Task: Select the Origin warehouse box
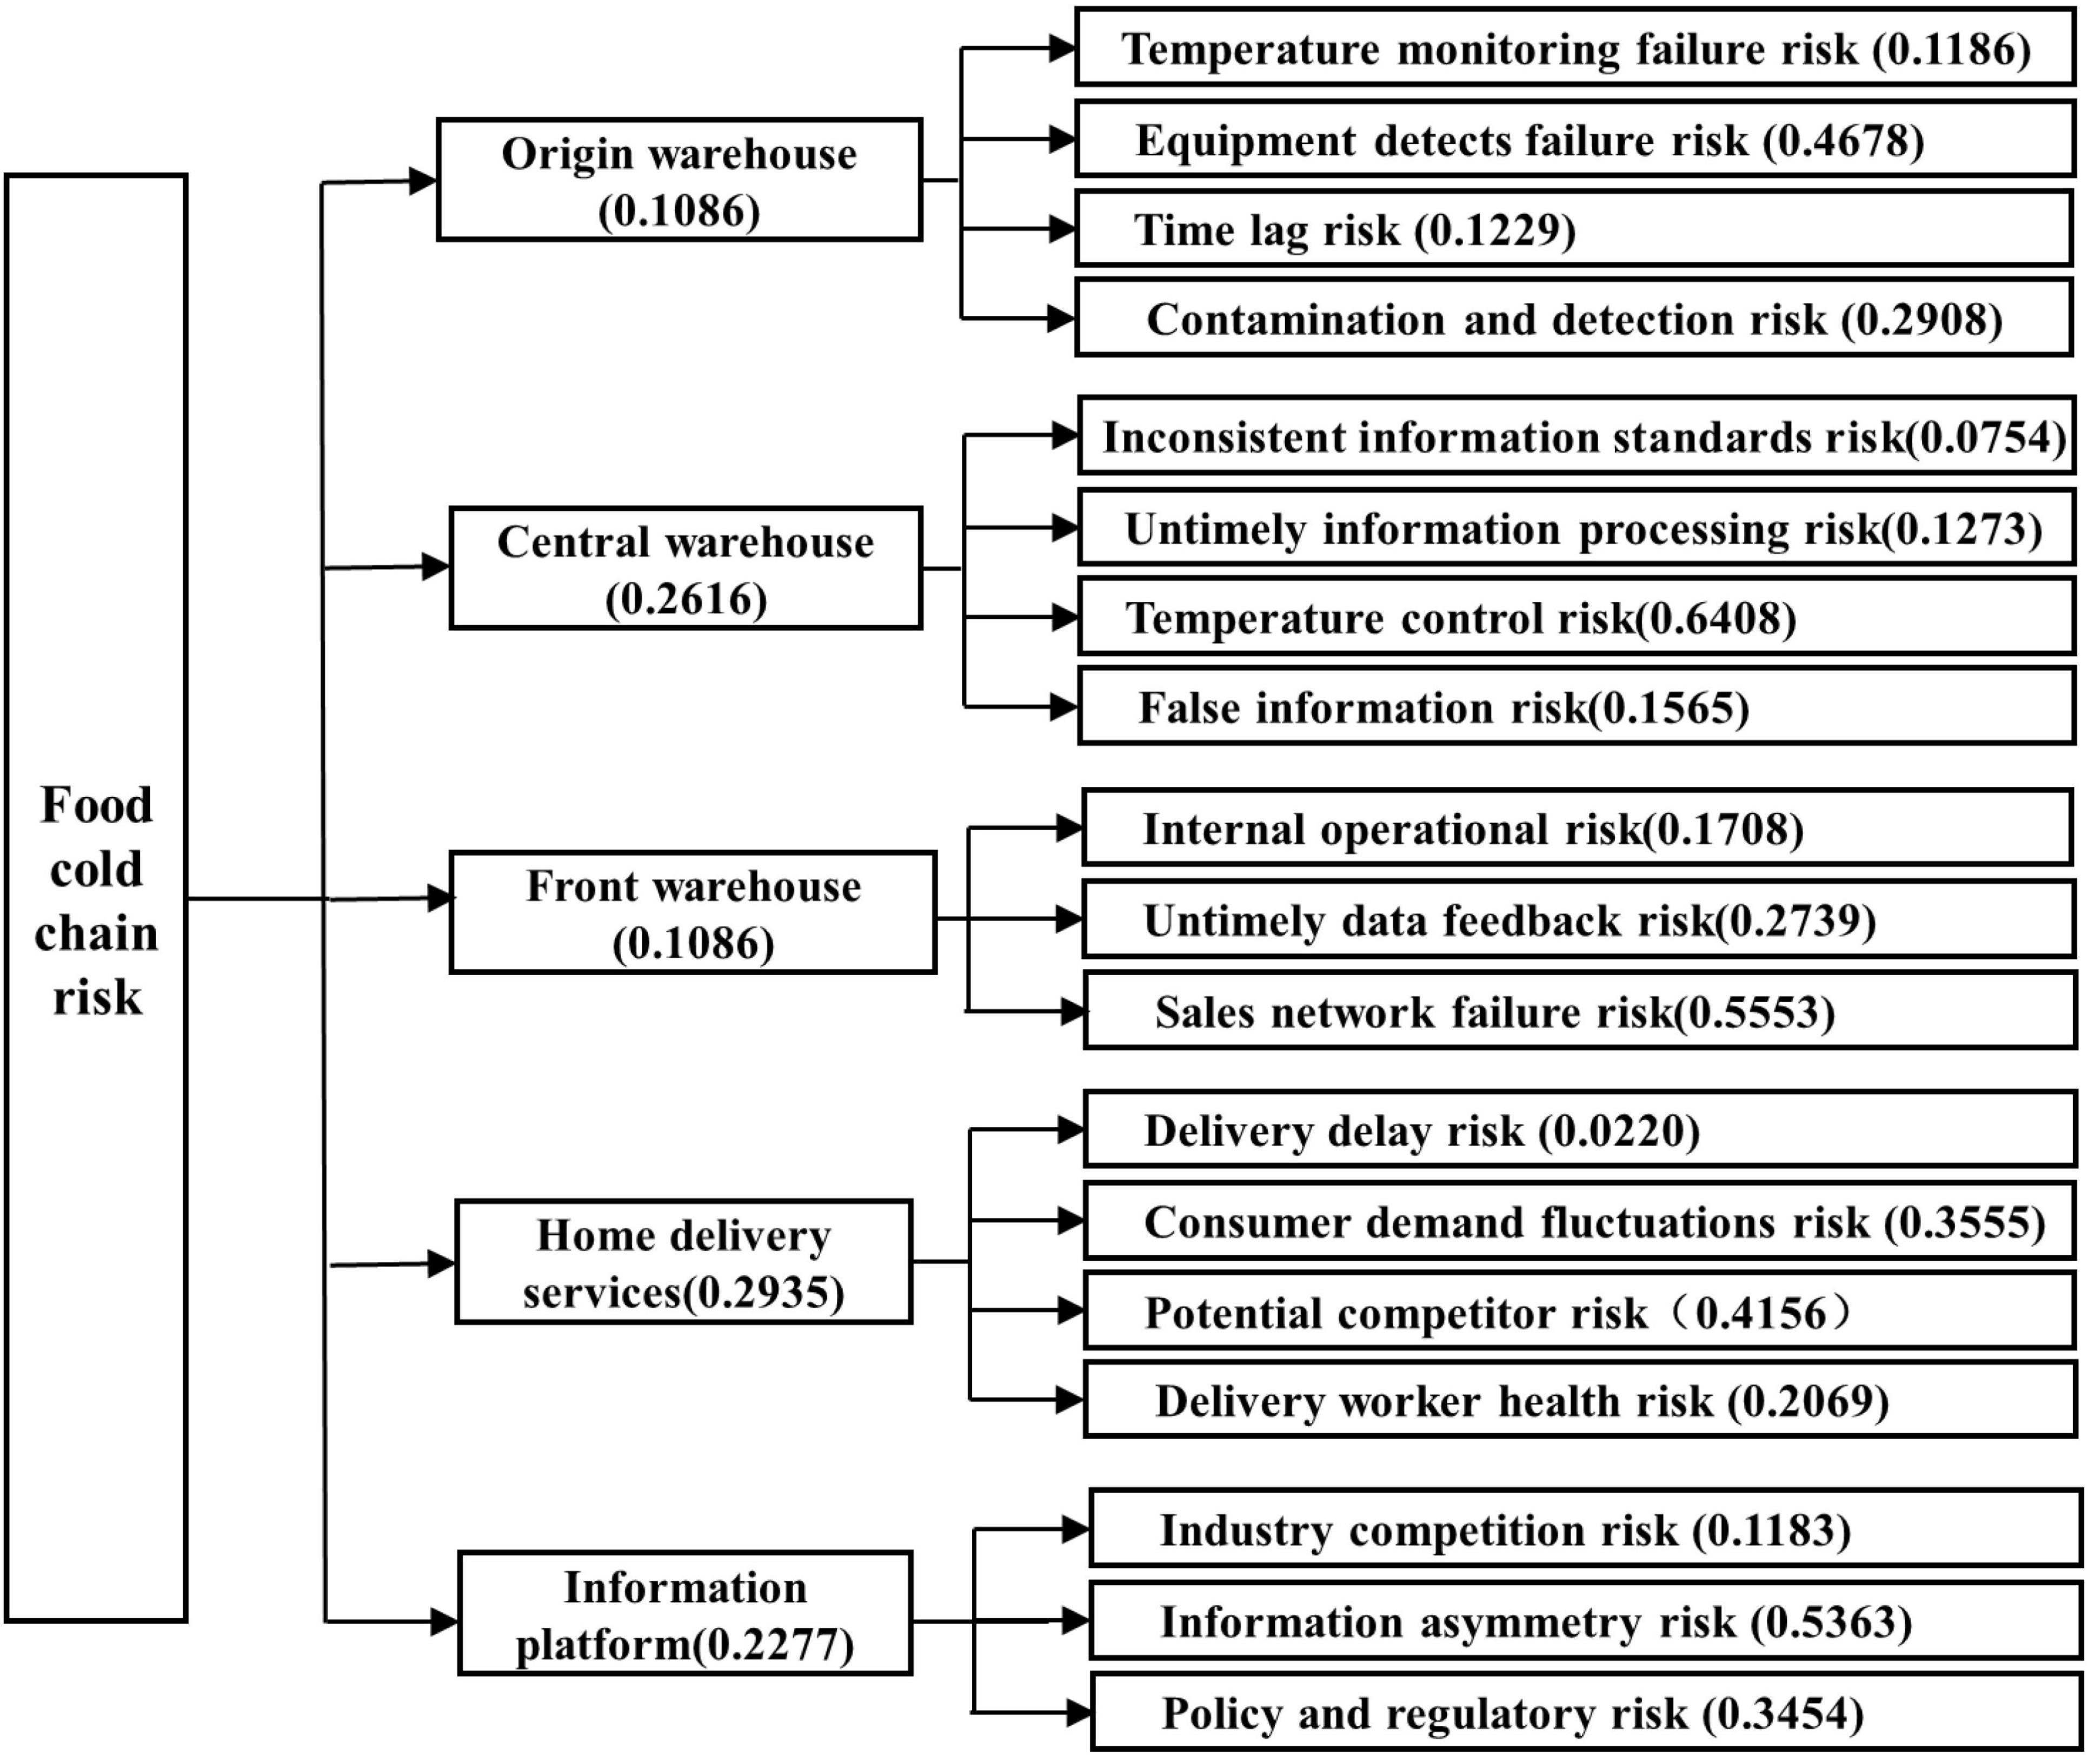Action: click(x=680, y=180)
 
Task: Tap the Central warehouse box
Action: click(x=686, y=568)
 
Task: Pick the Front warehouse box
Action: click(x=693, y=912)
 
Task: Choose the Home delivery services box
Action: click(x=683, y=1262)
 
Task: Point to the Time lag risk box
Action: click(x=1575, y=229)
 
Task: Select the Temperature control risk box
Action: click(x=1577, y=618)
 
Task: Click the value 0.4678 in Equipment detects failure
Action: click(x=1843, y=140)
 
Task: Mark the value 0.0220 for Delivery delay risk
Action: click(x=1619, y=1131)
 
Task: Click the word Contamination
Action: click(x=1295, y=320)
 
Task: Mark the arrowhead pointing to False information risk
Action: click(x=1065, y=707)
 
